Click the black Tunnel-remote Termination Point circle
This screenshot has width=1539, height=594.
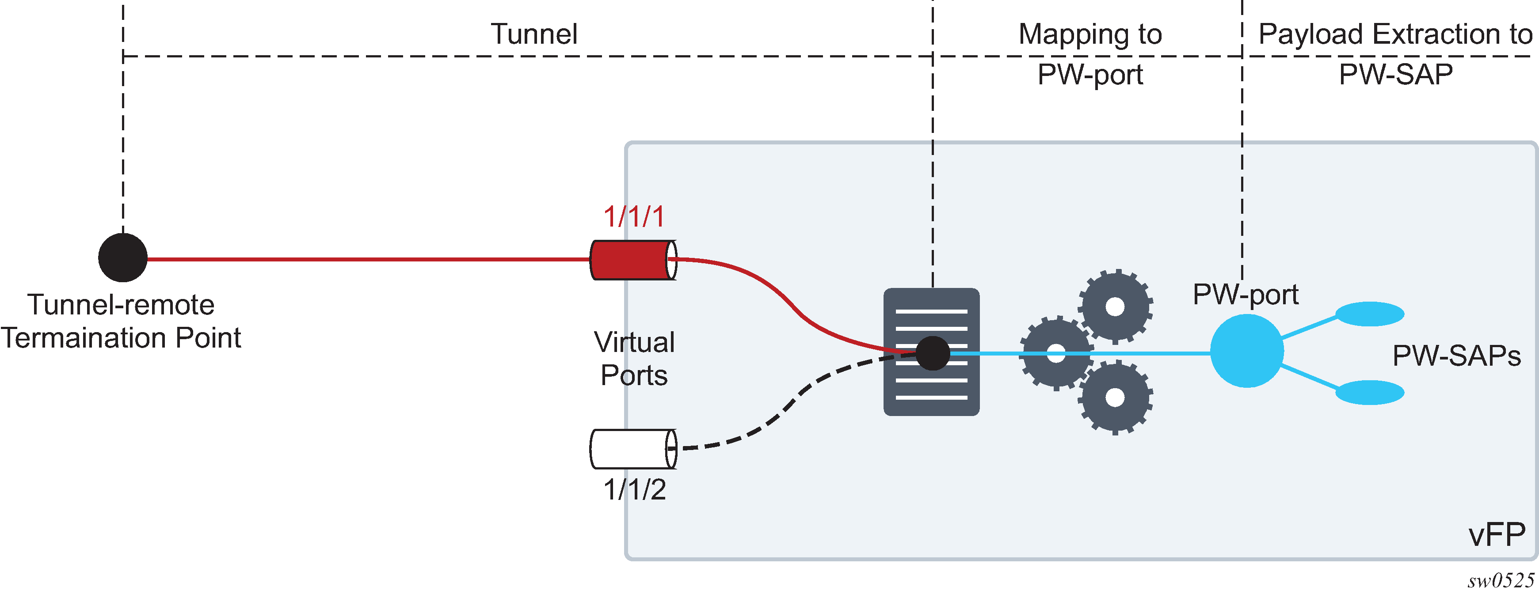click(122, 257)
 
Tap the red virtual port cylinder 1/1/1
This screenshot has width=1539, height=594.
click(632, 260)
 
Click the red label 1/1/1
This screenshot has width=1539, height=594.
click(633, 216)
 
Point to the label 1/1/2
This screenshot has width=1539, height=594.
click(634, 489)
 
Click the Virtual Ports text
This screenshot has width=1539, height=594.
click(634, 358)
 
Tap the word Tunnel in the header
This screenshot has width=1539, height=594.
click(533, 34)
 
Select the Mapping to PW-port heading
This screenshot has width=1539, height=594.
click(1090, 54)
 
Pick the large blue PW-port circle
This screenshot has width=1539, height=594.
click(1246, 351)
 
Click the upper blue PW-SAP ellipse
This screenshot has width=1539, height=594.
click(1369, 314)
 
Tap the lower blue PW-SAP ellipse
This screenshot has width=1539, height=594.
click(1369, 392)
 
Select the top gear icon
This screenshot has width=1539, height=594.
click(1115, 307)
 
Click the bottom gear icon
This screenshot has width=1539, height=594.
click(1115, 397)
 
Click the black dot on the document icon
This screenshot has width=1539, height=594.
click(932, 353)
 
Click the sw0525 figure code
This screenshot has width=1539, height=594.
click(1500, 580)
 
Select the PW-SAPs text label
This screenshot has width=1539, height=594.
click(1456, 356)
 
